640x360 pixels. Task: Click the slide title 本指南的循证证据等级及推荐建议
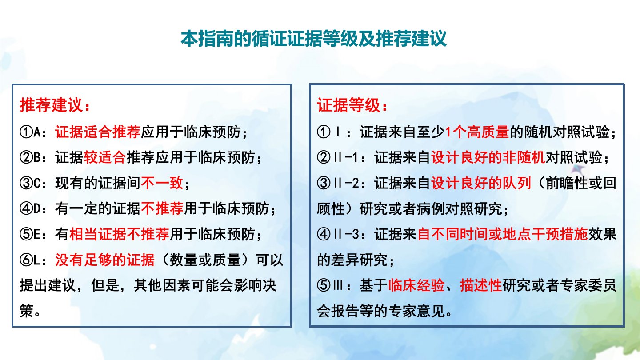(313, 39)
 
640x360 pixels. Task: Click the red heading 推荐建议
(51, 105)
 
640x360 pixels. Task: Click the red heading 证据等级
(348, 105)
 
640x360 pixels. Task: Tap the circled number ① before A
(26, 132)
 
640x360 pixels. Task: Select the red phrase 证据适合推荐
(98, 132)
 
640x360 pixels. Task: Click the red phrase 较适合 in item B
(105, 157)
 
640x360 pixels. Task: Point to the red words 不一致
(162, 183)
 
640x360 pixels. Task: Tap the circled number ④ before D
(26, 208)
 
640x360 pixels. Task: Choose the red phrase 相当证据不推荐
(119, 234)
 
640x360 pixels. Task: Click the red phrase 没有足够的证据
(105, 260)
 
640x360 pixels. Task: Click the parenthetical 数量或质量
(205, 260)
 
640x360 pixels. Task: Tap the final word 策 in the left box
(27, 311)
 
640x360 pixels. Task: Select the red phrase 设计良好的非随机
(488, 157)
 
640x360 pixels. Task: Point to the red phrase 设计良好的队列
(481, 183)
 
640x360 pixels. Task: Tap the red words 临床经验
(416, 285)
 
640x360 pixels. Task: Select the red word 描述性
(481, 285)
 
